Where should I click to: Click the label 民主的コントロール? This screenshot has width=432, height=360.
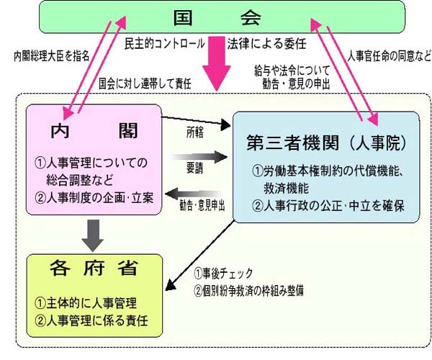(165, 42)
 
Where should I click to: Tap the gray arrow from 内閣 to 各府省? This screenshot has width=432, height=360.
(89, 232)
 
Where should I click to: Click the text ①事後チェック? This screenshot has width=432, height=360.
(230, 274)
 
